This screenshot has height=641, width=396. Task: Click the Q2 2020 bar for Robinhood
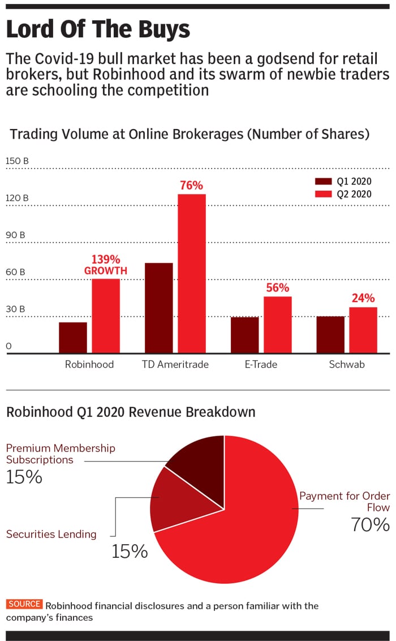click(106, 316)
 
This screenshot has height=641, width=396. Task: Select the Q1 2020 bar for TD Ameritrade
click(159, 308)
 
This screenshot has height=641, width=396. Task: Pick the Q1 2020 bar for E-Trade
click(244, 335)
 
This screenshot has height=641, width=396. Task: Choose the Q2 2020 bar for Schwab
click(363, 330)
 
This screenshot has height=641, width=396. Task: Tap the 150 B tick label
click(17, 161)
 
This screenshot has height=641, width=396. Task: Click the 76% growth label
click(191, 185)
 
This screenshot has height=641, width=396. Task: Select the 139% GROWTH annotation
click(106, 265)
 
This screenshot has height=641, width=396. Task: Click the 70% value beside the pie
click(370, 524)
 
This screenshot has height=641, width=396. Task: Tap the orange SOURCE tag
click(24, 604)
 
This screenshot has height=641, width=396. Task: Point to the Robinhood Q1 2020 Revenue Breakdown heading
click(131, 412)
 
